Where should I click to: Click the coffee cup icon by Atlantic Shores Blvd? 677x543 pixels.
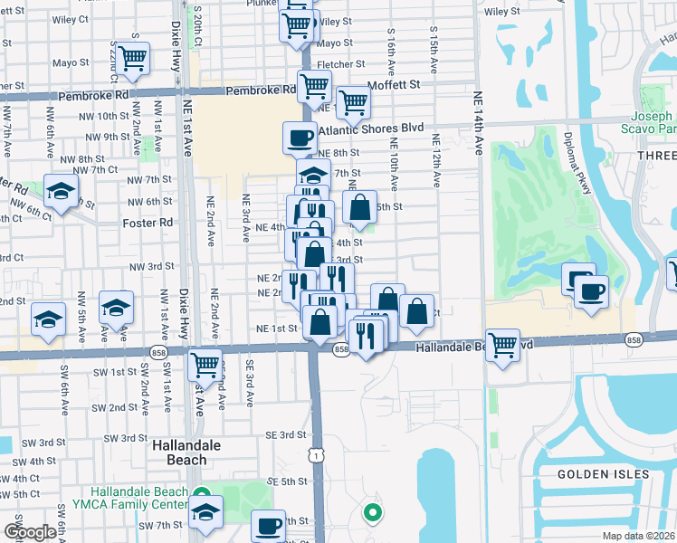click(299, 138)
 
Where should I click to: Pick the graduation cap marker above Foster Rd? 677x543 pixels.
click(61, 192)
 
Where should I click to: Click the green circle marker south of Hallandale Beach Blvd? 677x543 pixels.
click(371, 514)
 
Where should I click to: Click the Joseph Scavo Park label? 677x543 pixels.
click(652, 123)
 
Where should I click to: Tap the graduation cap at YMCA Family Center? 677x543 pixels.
click(205, 512)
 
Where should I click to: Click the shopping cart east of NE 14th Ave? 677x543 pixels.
click(502, 344)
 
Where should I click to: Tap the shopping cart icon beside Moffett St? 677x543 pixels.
click(353, 101)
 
